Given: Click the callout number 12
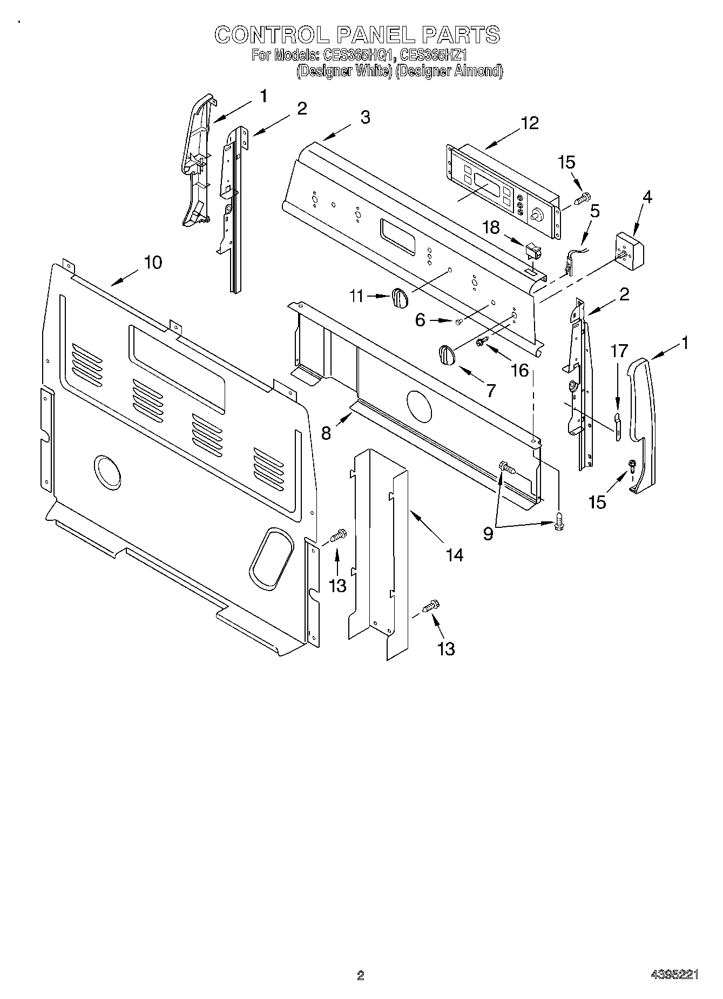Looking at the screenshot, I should (x=530, y=123).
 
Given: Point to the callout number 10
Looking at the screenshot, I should (x=153, y=263).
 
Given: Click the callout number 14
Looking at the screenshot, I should (x=455, y=554).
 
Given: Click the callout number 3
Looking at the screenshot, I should (x=366, y=117).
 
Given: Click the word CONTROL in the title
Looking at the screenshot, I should (x=272, y=35).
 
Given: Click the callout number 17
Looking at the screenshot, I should (x=619, y=351).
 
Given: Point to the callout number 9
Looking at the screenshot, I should (x=488, y=534).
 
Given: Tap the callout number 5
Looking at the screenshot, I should (x=594, y=211).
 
